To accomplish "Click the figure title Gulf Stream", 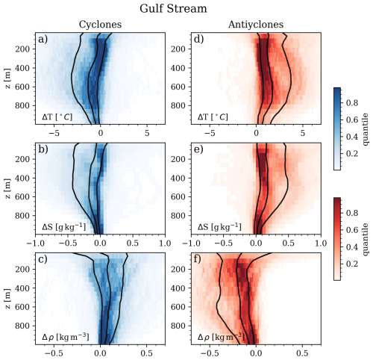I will click(186, 10).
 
